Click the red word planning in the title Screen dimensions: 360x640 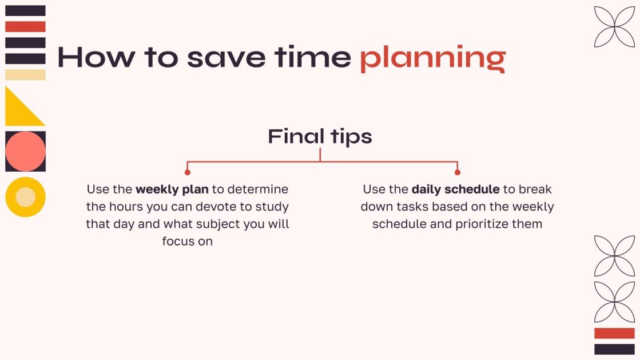[x=432, y=58]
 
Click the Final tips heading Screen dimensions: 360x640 [x=320, y=136]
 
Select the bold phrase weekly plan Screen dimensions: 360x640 [x=172, y=189]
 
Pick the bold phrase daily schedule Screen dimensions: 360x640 [x=455, y=189]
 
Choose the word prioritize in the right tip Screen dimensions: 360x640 [x=482, y=224]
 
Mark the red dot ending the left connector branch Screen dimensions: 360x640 [x=188, y=172]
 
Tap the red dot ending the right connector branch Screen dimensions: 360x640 [x=457, y=172]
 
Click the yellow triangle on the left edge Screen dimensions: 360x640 [x=19, y=112]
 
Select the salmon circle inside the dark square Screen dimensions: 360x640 [x=25, y=151]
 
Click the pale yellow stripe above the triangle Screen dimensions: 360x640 [x=25, y=74]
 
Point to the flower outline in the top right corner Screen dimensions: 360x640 [x=614, y=26]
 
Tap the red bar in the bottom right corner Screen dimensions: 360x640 [x=614, y=333]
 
